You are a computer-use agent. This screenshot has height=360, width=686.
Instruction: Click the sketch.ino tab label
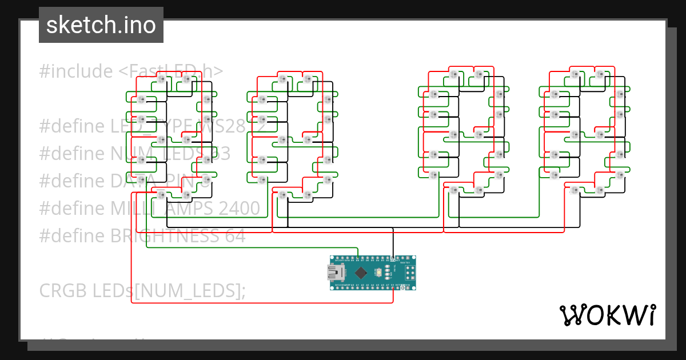(x=101, y=25)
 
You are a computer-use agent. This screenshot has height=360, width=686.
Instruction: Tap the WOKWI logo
(x=607, y=315)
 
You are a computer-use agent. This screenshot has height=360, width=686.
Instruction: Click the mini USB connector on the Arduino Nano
(x=333, y=273)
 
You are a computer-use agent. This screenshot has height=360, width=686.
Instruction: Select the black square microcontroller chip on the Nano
(x=362, y=273)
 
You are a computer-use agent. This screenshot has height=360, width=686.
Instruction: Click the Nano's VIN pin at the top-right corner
(x=411, y=259)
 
